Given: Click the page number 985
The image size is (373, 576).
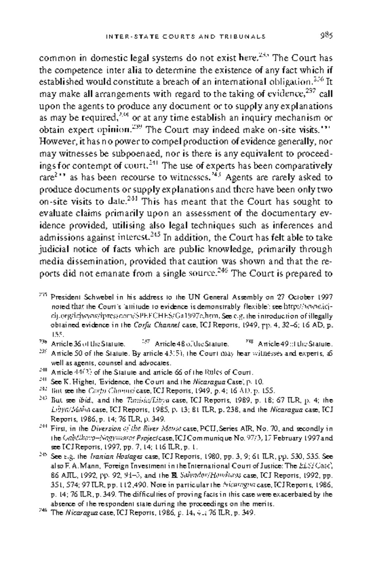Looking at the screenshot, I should pyautogui.click(x=326, y=35).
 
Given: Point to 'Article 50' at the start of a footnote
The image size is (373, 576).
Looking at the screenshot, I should pyautogui.click(x=63, y=353).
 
